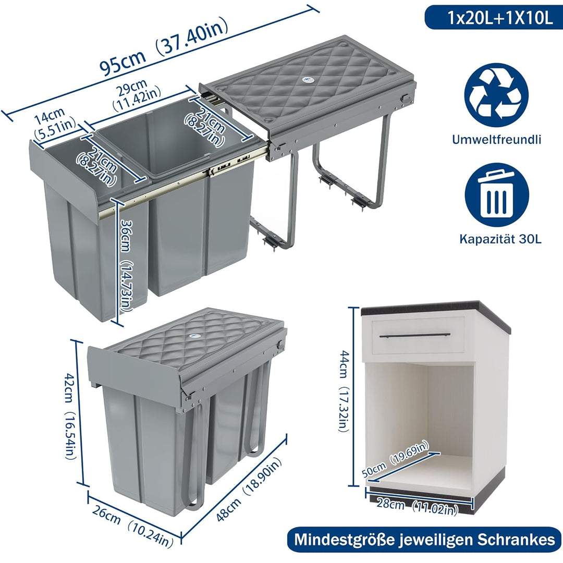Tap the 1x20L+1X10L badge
493,18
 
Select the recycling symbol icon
496,95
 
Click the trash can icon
497,195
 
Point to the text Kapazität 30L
500,239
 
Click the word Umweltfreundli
497,140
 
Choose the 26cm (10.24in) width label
132,525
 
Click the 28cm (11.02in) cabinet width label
417,506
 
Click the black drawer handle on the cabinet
415,336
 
